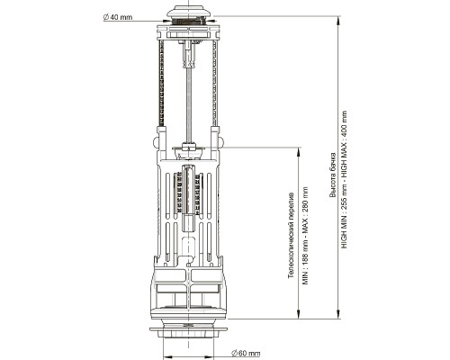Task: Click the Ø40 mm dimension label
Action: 118,17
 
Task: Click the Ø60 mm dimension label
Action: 246,353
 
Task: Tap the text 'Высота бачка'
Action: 333,175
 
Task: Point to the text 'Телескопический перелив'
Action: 291,235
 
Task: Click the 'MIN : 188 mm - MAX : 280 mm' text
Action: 305,236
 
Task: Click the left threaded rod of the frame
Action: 161,83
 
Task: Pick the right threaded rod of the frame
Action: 215,83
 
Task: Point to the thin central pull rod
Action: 189,105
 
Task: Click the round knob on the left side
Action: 156,141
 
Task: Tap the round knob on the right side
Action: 221,141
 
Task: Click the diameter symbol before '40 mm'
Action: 106,17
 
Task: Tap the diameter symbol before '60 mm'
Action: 234,353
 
